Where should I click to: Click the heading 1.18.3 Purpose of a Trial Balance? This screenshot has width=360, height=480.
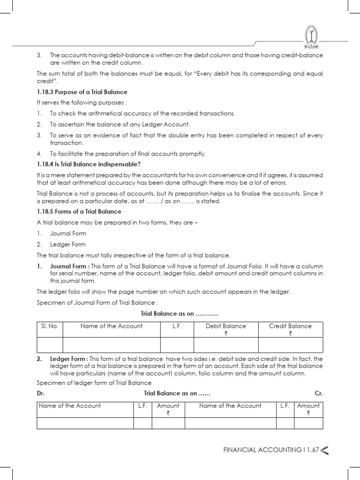(82, 92)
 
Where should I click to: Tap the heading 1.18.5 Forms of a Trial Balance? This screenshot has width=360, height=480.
(79, 211)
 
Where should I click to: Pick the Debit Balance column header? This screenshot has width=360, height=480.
(226, 326)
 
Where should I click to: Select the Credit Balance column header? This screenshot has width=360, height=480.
(290, 326)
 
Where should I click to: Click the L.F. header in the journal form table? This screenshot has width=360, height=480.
(177, 326)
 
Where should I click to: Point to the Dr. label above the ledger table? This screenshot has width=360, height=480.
(40, 393)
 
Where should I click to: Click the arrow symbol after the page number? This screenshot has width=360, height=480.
(324, 450)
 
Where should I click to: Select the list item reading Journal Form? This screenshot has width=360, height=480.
(68, 233)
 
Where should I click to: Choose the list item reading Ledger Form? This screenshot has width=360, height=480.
(67, 244)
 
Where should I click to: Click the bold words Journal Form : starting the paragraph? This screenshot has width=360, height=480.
(69, 266)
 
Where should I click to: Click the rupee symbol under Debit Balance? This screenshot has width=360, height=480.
(225, 334)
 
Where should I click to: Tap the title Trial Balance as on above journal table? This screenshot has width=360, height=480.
(180, 313)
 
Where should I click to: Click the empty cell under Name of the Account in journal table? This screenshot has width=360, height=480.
(111, 345)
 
